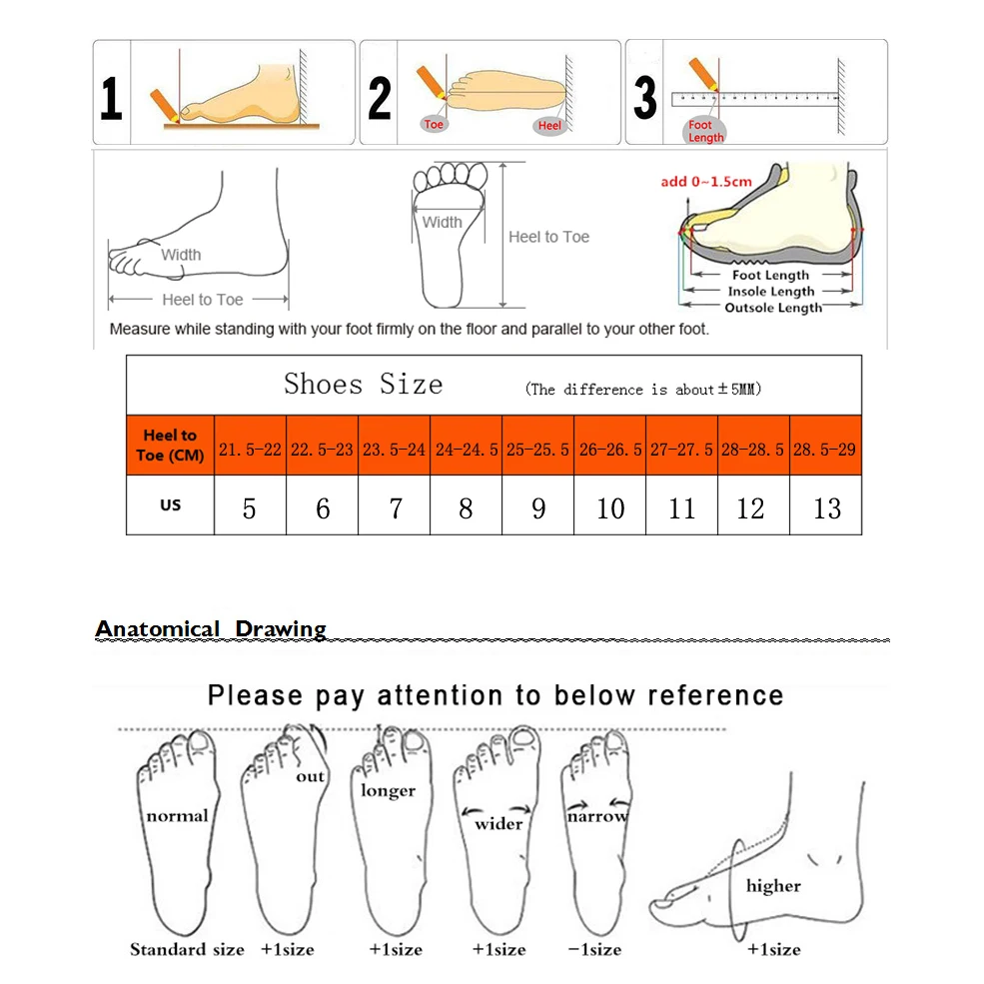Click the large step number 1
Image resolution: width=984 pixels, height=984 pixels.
click(111, 100)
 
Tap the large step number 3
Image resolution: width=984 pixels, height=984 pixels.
click(645, 99)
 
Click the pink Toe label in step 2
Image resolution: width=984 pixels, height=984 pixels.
click(434, 124)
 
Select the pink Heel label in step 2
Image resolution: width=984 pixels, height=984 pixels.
click(549, 126)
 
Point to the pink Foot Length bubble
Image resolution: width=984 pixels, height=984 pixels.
click(705, 131)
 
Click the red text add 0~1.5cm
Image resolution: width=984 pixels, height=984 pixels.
click(706, 182)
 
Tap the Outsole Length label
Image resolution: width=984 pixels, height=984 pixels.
click(772, 308)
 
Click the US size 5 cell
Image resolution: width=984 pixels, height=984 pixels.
click(249, 508)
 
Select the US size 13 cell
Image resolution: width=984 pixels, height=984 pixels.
click(827, 508)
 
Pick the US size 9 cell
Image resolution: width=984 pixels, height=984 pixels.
click(538, 508)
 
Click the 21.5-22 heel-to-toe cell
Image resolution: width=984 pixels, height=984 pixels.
click(250, 450)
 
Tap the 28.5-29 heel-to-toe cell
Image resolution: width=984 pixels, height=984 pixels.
click(824, 450)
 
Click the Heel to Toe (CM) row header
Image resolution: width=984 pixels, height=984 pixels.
click(170, 446)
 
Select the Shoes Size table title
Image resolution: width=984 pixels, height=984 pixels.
click(363, 385)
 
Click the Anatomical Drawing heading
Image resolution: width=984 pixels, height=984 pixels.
click(211, 629)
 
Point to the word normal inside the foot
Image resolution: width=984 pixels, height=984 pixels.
click(177, 816)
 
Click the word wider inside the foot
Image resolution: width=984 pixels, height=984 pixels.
click(498, 824)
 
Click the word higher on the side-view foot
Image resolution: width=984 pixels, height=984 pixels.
click(773, 886)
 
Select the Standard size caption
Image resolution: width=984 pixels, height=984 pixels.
click(187, 949)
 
